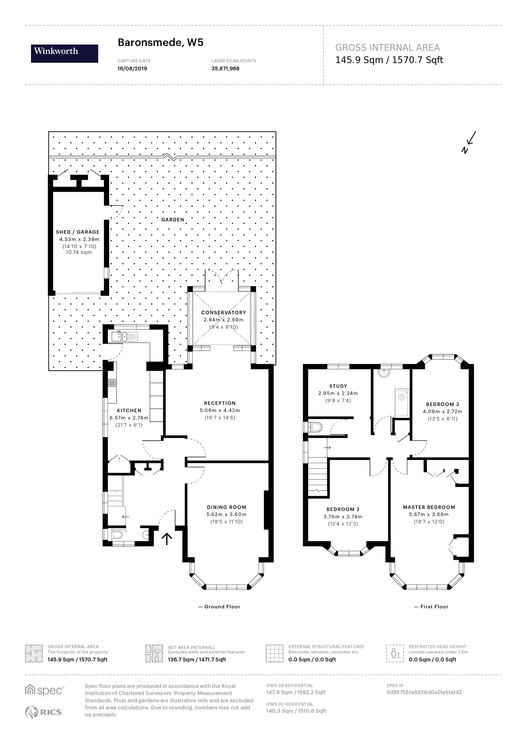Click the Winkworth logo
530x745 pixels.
click(64, 54)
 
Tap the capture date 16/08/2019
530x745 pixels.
click(132, 69)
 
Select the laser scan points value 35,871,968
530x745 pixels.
click(225, 69)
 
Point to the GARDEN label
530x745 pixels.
click(173, 220)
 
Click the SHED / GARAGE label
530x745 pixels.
click(78, 232)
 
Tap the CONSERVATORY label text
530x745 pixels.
click(224, 312)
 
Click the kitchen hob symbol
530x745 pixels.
click(112, 383)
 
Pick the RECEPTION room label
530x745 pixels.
click(220, 403)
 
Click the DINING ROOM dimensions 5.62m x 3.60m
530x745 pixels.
click(226, 514)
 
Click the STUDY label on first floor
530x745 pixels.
click(338, 386)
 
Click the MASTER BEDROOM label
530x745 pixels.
click(429, 507)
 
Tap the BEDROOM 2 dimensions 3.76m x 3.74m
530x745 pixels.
click(343, 517)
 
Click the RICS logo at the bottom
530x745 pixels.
click(44, 712)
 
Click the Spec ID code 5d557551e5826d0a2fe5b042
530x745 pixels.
click(424, 692)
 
